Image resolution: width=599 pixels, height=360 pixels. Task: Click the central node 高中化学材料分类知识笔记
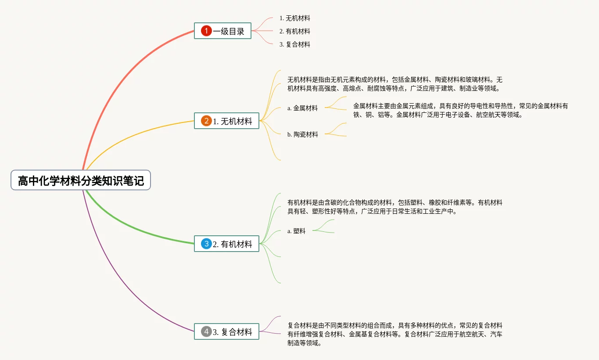coord(81,180)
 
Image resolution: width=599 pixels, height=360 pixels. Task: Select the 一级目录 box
coord(222,31)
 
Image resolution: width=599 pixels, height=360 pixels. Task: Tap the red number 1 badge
coord(206,31)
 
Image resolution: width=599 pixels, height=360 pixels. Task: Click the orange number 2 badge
coord(206,121)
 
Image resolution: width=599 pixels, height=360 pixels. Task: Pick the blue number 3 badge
coord(206,244)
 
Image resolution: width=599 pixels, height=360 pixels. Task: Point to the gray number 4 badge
coord(206,331)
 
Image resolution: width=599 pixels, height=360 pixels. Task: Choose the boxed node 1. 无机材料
coord(226,121)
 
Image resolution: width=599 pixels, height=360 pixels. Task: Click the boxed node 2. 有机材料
coord(226,244)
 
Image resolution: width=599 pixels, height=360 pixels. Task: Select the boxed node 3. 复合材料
coord(226,331)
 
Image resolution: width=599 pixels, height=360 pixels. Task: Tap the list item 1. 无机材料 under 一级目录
coord(294,18)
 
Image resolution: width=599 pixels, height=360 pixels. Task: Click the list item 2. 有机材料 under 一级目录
coord(294,31)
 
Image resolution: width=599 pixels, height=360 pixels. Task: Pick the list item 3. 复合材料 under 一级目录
coord(294,44)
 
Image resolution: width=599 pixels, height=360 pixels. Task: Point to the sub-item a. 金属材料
coord(302,108)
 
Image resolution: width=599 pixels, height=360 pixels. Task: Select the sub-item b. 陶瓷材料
coord(302,134)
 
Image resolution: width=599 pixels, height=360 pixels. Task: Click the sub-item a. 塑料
coord(296,231)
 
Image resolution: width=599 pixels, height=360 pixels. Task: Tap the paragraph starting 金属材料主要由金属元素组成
coord(460,111)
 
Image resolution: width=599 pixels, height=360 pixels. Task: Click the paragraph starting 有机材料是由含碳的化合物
coord(395,207)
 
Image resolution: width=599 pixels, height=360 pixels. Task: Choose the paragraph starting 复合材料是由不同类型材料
coord(395,334)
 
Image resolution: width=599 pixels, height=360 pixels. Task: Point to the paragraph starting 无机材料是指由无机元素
coord(395,84)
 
